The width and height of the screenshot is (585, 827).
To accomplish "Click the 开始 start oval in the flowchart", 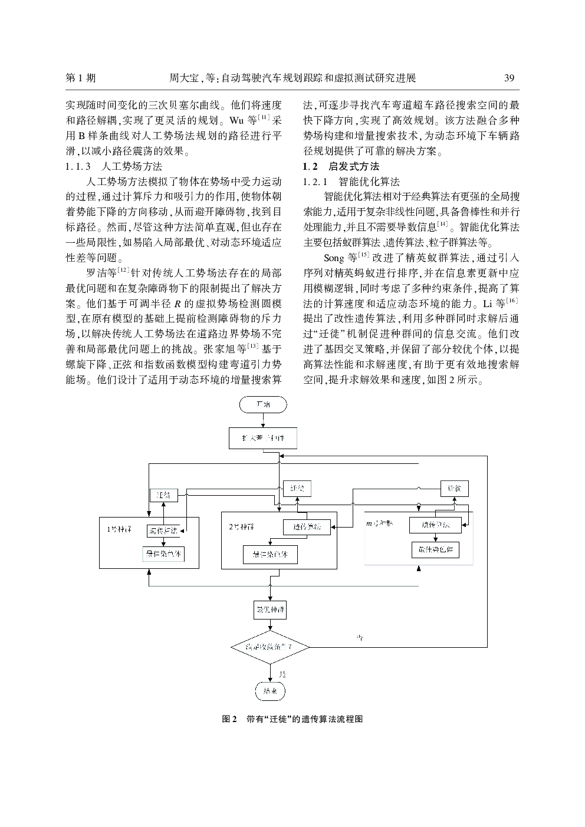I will [263, 405].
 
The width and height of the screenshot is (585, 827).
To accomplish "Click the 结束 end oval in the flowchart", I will [270, 690].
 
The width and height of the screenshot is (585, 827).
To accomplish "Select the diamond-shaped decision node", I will [270, 647].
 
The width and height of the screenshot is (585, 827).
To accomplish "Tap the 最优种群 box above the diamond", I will [270, 609].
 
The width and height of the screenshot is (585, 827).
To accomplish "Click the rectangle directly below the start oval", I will [263, 439].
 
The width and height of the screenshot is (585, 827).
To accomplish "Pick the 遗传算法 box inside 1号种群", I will [163, 531].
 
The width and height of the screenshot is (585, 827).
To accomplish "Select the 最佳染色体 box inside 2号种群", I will [270, 554].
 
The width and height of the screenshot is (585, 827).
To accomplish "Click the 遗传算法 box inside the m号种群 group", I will [435, 525].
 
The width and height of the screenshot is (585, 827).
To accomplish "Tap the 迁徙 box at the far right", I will [454, 489].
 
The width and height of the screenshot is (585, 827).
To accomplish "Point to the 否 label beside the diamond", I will [359, 638].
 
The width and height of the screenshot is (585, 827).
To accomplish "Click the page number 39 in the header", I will [510, 78].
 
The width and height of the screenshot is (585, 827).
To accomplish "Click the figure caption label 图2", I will [229, 719].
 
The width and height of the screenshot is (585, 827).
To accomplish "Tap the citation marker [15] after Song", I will [364, 255].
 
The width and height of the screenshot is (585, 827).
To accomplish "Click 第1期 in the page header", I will [80, 78].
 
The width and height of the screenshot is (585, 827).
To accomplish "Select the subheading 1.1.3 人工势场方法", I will [114, 166].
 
